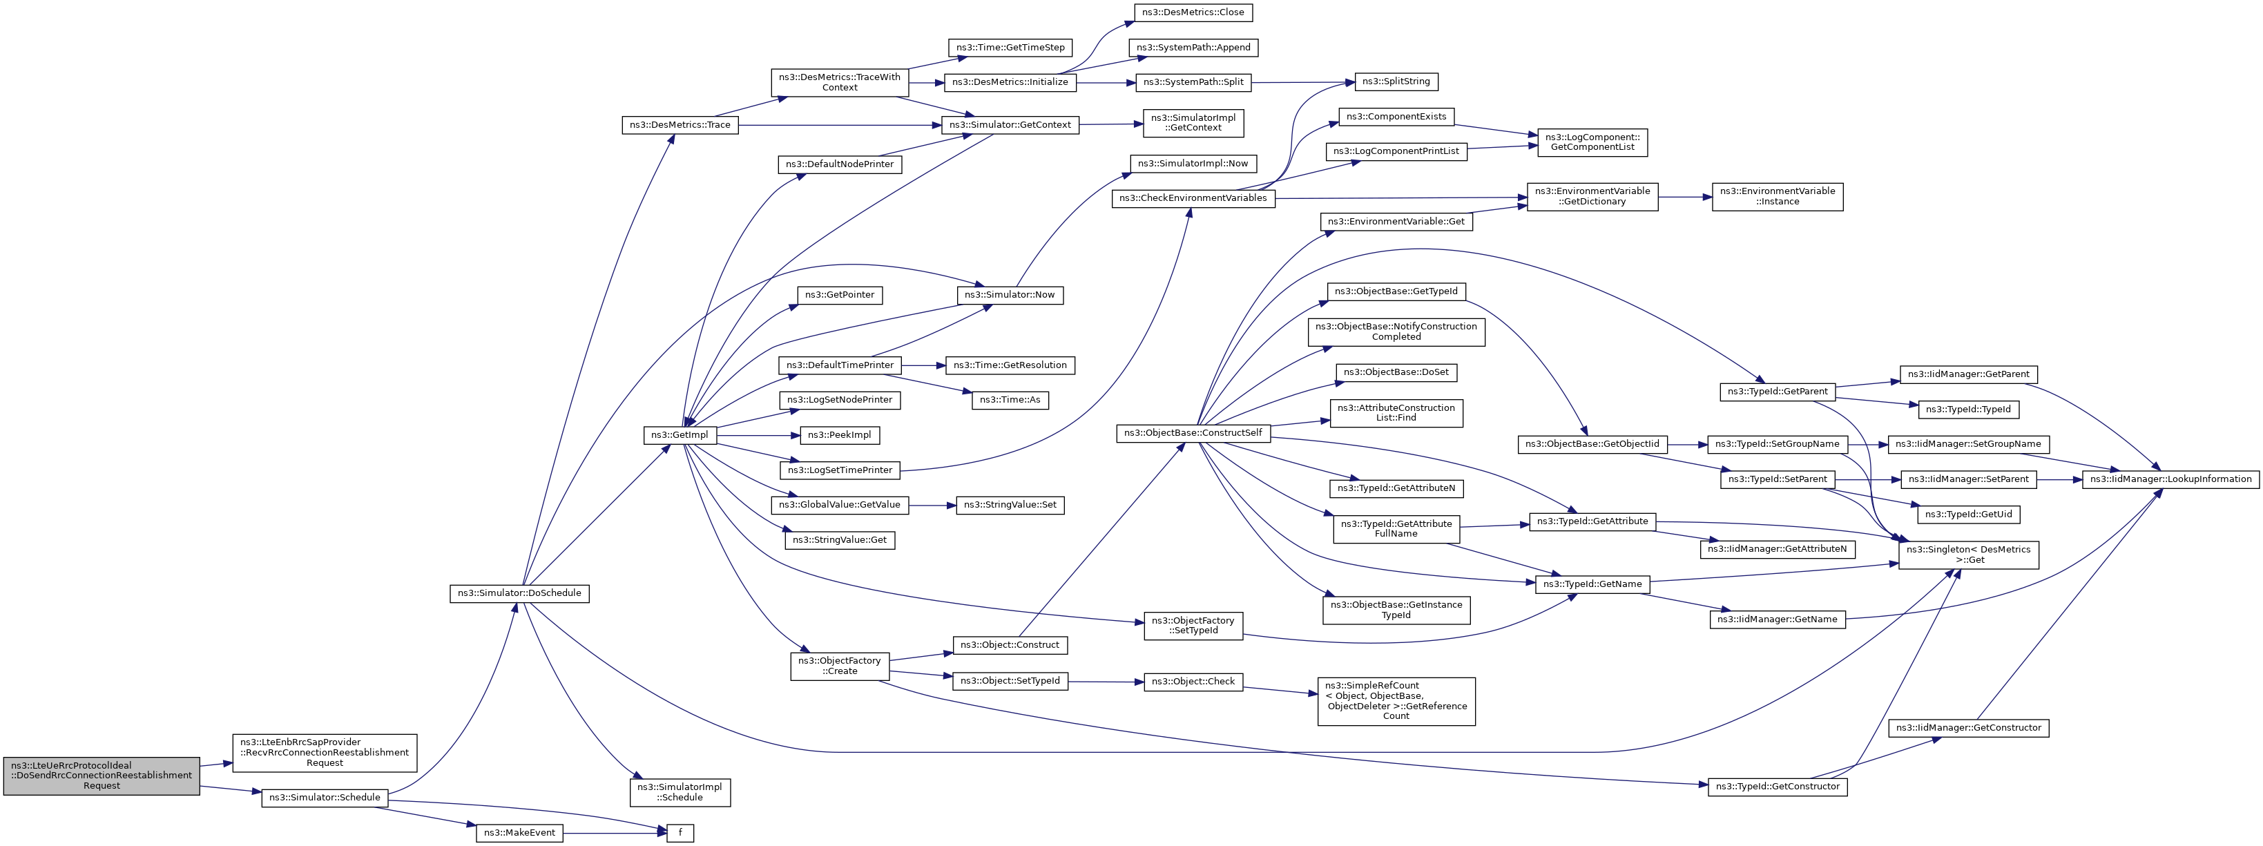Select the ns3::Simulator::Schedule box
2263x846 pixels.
(324, 798)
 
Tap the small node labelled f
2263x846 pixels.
(680, 833)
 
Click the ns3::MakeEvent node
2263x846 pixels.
(519, 833)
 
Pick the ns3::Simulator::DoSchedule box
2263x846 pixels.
(519, 593)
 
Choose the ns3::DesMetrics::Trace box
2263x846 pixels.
(681, 125)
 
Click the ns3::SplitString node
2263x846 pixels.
(1396, 81)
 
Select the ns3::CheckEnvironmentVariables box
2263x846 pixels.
(1193, 198)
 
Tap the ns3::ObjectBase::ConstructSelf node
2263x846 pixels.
(1193, 433)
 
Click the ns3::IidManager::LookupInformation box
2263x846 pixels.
(2170, 479)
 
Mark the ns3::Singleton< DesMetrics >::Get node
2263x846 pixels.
(1969, 555)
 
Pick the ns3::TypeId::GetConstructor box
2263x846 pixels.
(1778, 786)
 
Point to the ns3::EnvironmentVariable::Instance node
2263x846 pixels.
(1778, 196)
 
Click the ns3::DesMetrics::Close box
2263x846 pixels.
(1193, 12)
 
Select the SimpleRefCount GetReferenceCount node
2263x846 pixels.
(1396, 701)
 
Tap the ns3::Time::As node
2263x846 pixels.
(1010, 400)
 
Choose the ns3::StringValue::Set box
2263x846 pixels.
(1010, 505)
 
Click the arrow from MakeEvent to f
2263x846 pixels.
(615, 833)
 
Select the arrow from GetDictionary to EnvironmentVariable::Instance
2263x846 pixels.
(1685, 197)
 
